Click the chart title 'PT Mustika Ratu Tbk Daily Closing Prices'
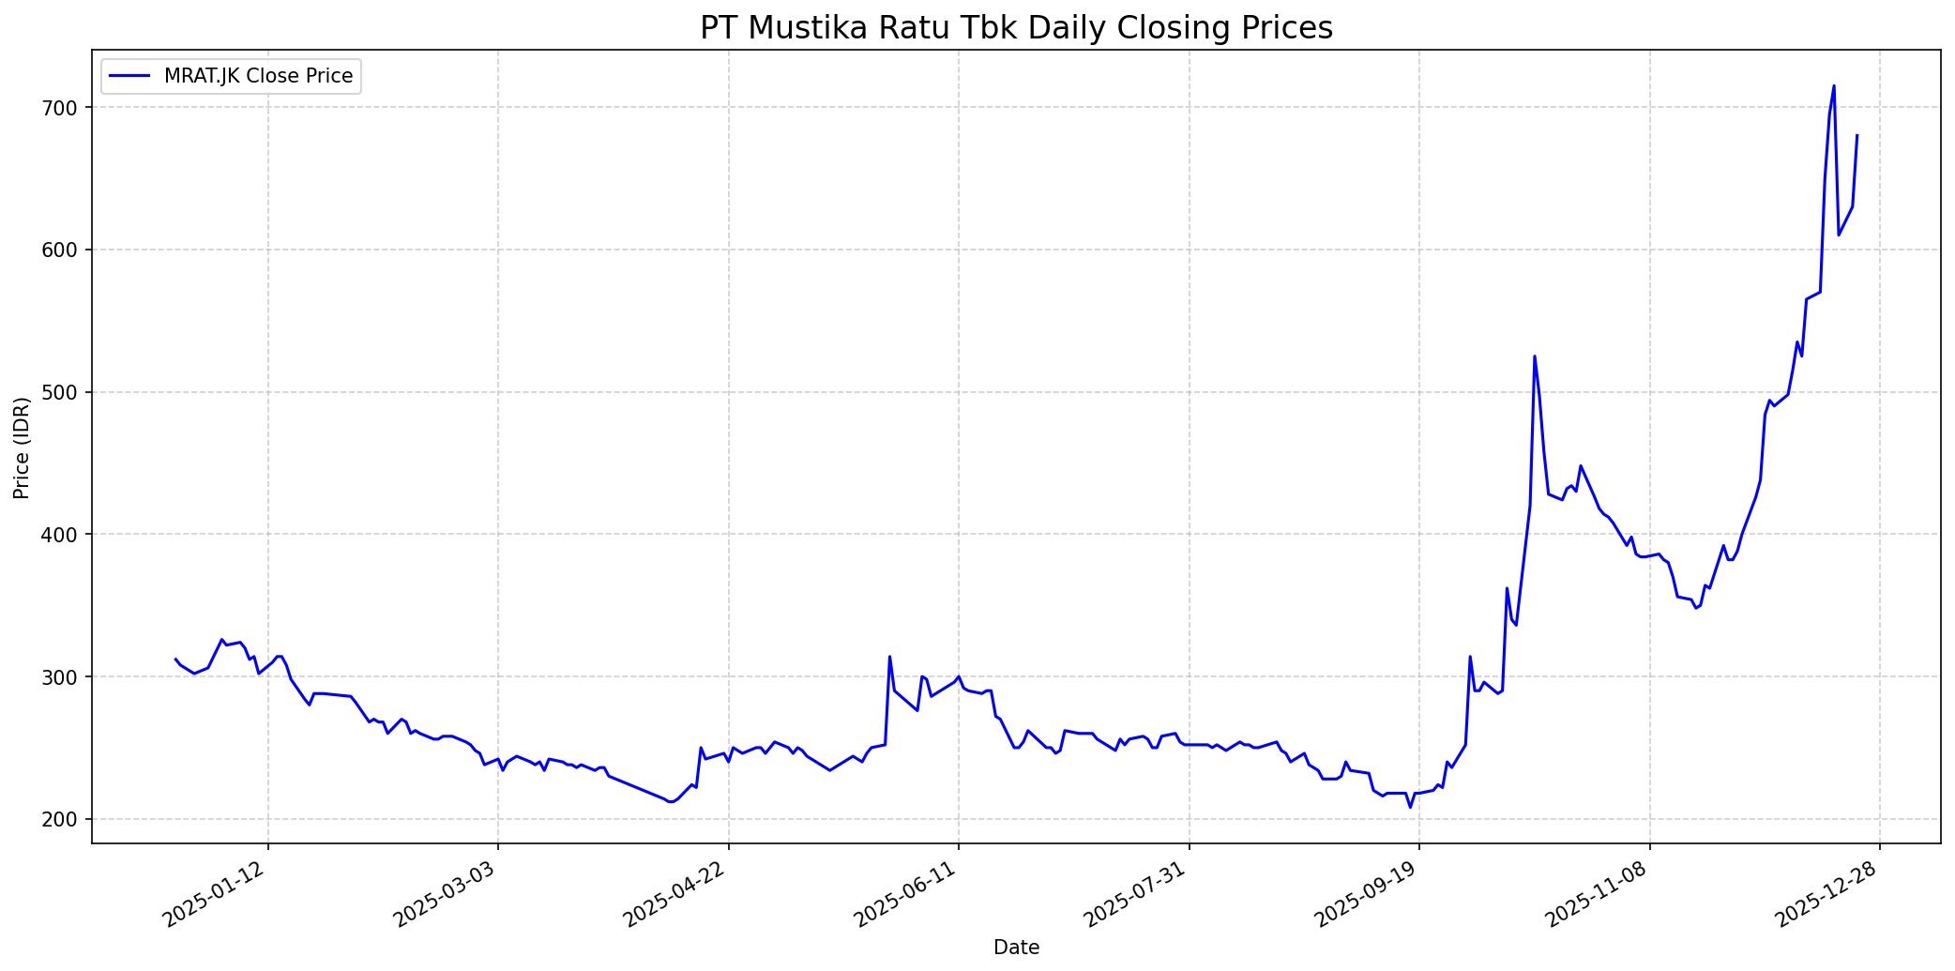1016,28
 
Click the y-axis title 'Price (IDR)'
22,448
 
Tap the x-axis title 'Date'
1016,948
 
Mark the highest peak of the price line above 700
1834,86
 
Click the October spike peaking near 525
1535,357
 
